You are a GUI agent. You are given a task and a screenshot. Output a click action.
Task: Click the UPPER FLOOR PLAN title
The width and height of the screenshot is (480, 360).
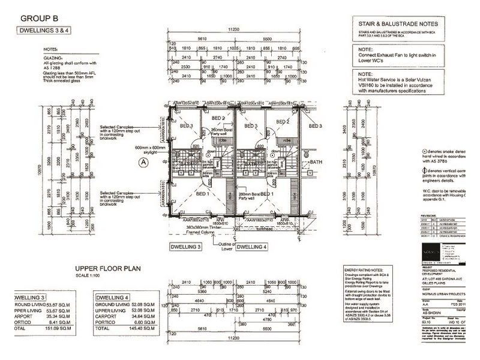107,268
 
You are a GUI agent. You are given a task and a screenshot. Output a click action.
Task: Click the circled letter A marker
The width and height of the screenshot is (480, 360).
143,162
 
